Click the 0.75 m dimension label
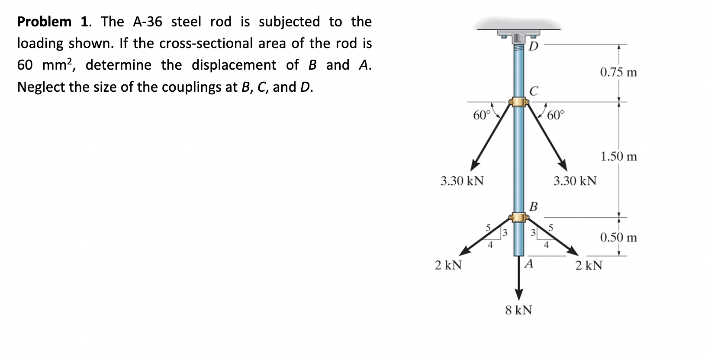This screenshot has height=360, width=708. click(x=618, y=72)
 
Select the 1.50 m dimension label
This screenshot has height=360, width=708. click(x=618, y=156)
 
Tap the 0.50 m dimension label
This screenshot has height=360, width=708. click(x=618, y=237)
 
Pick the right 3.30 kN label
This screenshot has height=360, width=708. click(x=575, y=180)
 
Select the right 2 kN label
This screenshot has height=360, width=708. click(x=589, y=265)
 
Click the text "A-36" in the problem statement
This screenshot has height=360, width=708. click(x=147, y=22)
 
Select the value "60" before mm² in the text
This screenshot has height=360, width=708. click(x=25, y=65)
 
